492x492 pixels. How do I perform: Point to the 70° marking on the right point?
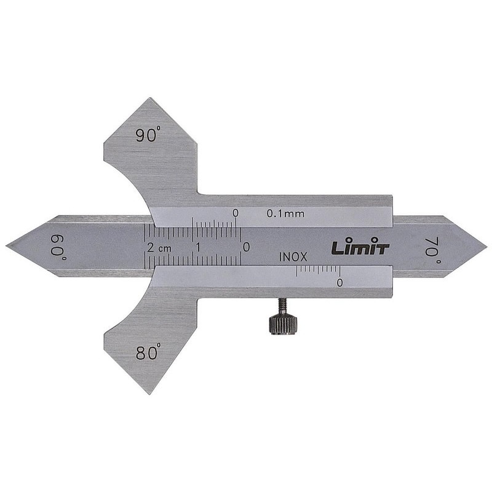[x=433, y=250]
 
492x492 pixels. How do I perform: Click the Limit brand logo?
[x=360, y=248]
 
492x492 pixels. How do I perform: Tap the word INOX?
[x=293, y=257]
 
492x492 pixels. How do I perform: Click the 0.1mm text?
[x=285, y=213]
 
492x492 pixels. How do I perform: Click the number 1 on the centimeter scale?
[x=198, y=247]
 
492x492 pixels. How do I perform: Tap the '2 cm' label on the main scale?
[x=159, y=248]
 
